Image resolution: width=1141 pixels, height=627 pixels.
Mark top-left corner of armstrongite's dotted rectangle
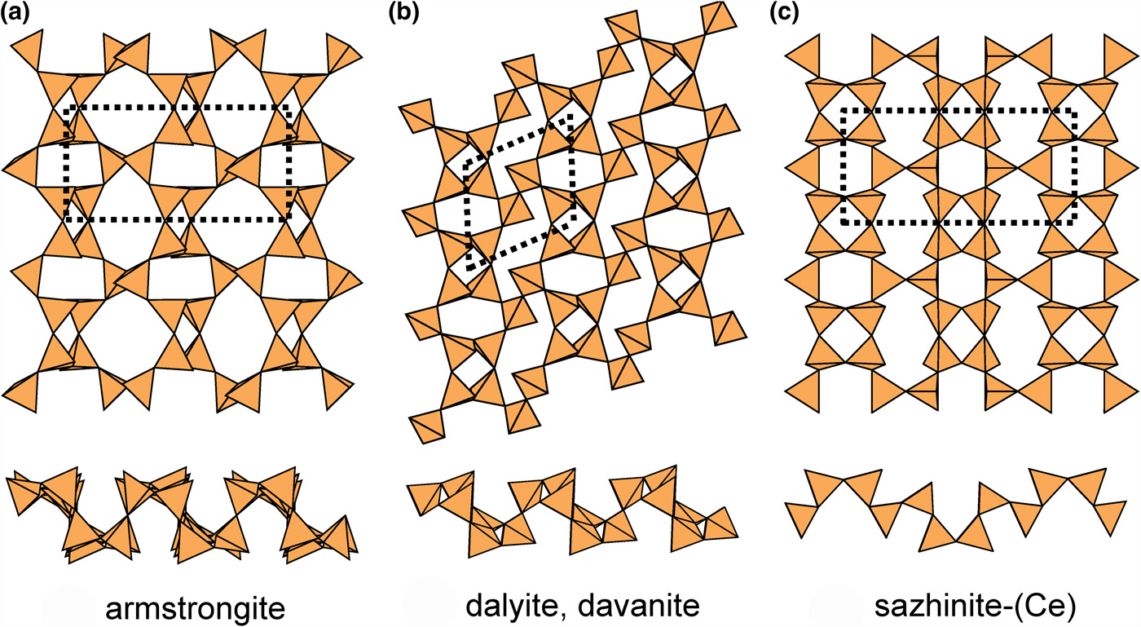point(67,107)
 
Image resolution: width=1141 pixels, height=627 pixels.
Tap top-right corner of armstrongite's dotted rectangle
point(289,107)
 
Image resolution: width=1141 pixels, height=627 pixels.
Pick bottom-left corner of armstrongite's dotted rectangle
point(67,219)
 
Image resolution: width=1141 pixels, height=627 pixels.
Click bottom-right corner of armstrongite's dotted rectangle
point(289,219)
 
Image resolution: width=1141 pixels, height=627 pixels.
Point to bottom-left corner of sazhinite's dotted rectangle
point(842,223)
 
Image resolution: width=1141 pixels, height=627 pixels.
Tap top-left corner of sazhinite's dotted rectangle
point(842,110)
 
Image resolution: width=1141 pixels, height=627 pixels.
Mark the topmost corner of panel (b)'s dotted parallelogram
point(571,115)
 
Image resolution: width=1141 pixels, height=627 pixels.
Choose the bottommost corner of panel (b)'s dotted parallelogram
point(469,268)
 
